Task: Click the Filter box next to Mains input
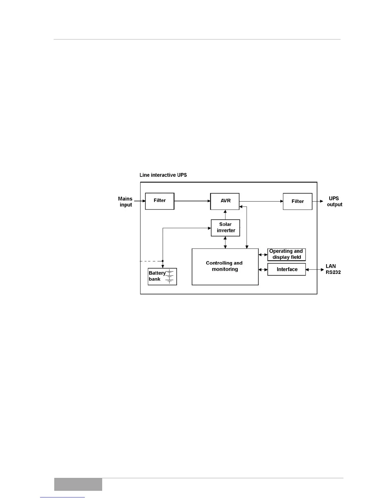(x=160, y=201)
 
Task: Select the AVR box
(x=225, y=201)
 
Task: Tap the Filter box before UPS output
(x=297, y=201)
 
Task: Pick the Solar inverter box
(x=225, y=228)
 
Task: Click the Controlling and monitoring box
(x=225, y=267)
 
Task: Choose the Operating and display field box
(x=286, y=254)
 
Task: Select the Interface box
(x=286, y=269)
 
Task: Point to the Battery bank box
(x=162, y=277)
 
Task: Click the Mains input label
(x=125, y=202)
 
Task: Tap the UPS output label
(x=334, y=201)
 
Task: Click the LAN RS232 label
(x=333, y=269)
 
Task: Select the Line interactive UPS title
(x=163, y=175)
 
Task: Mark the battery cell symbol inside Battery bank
(x=169, y=277)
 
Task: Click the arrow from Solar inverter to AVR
(x=225, y=214)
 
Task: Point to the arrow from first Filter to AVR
(x=192, y=201)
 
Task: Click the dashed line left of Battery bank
(x=151, y=261)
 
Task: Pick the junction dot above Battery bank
(x=163, y=261)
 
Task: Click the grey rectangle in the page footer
(x=78, y=484)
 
